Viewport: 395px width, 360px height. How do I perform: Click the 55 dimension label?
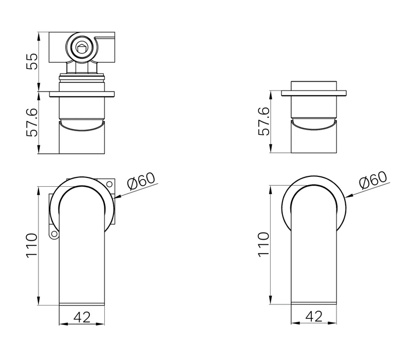click(32, 61)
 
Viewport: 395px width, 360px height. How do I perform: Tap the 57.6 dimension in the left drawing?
click(32, 122)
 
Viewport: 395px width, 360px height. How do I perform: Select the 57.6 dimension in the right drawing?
click(264, 121)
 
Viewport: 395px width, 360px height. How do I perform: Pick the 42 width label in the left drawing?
click(82, 317)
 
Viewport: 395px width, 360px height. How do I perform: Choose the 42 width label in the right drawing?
click(314, 317)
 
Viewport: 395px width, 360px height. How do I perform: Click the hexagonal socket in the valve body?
click(82, 48)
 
